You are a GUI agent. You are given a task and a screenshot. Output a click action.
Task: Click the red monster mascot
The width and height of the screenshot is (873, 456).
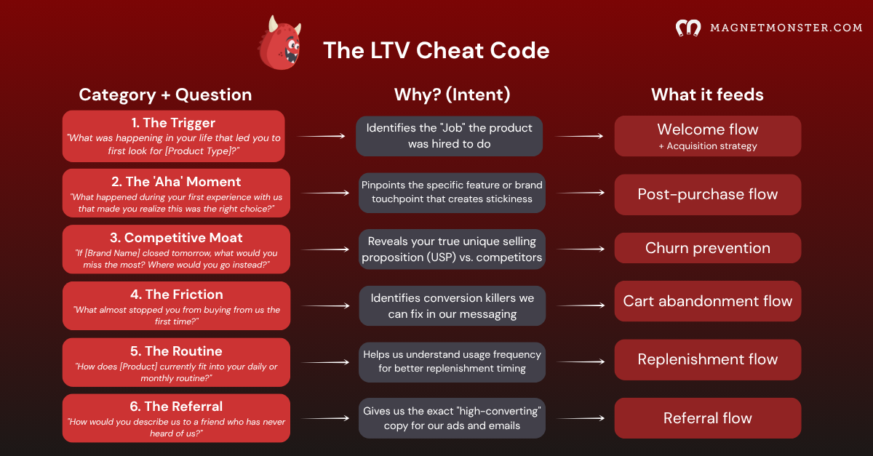click(280, 44)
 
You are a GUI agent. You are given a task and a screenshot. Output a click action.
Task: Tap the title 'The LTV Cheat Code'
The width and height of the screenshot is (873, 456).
click(436, 51)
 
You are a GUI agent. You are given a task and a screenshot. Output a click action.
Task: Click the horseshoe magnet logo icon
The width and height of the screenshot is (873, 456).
click(688, 28)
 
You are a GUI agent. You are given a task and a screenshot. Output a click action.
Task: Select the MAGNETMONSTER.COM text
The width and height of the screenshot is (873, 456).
click(786, 28)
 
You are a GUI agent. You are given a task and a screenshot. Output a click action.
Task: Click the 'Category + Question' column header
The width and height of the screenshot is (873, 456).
click(165, 95)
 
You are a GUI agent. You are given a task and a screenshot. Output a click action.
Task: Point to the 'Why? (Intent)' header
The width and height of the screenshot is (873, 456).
click(452, 95)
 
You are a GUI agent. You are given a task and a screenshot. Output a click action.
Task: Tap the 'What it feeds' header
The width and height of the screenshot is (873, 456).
click(707, 95)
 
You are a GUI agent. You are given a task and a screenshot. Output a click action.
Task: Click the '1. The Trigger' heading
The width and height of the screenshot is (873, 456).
click(173, 123)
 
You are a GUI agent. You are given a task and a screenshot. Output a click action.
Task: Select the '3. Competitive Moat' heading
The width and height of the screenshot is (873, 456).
click(176, 238)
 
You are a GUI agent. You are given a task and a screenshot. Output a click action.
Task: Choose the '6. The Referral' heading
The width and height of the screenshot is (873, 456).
click(176, 407)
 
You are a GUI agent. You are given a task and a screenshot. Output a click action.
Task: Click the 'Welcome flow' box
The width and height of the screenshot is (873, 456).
click(708, 136)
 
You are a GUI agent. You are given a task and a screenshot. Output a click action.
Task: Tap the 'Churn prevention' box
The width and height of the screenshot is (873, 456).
click(708, 248)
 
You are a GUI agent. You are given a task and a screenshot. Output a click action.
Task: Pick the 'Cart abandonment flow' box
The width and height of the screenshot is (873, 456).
click(708, 301)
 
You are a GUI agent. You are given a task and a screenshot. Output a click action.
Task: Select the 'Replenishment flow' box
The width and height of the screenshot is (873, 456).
click(708, 359)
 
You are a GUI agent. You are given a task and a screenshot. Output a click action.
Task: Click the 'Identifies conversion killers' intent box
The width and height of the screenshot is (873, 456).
click(452, 306)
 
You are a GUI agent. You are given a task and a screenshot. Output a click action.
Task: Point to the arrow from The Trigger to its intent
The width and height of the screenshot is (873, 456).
click(321, 136)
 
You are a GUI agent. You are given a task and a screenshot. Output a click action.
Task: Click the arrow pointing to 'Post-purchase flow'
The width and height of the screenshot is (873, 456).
click(581, 193)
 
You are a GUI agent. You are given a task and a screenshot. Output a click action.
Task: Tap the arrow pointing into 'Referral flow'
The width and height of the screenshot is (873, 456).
click(581, 418)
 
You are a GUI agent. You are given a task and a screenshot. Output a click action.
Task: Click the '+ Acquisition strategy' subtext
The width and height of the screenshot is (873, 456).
click(708, 146)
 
